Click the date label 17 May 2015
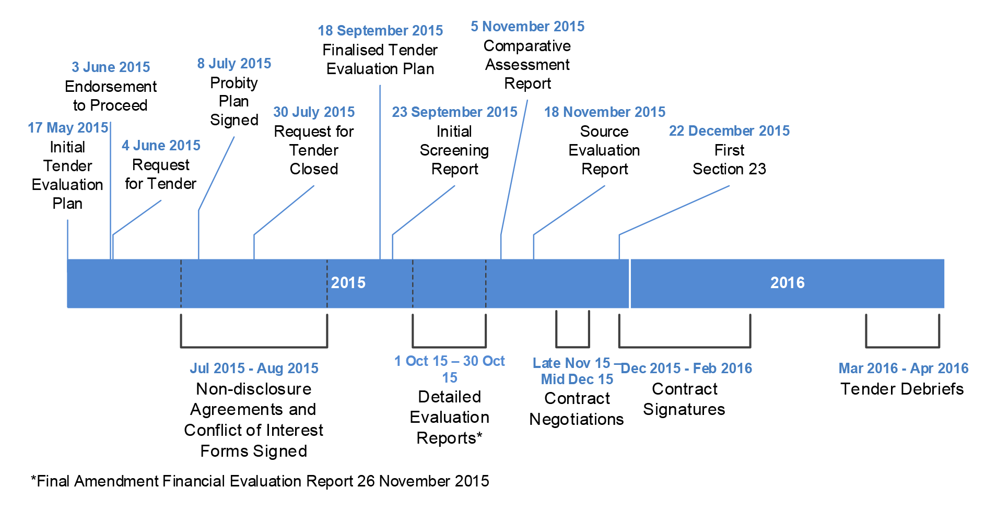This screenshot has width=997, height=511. tap(68, 128)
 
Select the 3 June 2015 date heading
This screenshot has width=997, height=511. tap(111, 67)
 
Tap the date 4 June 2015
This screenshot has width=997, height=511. tap(161, 146)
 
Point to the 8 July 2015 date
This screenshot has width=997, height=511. tap(234, 64)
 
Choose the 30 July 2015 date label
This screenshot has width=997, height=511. tap(314, 112)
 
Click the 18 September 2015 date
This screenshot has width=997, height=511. tap(380, 31)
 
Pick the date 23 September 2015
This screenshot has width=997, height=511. tap(454, 112)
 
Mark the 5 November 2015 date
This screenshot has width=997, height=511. tap(527, 27)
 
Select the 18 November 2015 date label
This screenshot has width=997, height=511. tap(605, 112)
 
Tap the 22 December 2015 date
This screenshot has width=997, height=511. tap(729, 131)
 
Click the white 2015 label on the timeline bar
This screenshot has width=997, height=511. tap(348, 283)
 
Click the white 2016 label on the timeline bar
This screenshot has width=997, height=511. tap(788, 283)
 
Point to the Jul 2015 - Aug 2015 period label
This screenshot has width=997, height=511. tap(254, 369)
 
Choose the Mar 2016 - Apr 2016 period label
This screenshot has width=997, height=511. tap(904, 369)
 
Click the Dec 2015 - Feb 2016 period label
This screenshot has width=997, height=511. tap(686, 369)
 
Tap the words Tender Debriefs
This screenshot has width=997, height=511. tap(902, 389)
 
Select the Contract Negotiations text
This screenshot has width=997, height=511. tap(577, 409)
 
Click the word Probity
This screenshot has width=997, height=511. tap(234, 83)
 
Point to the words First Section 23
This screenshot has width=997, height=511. tap(729, 160)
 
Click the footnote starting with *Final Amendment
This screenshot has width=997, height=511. tap(260, 481)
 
